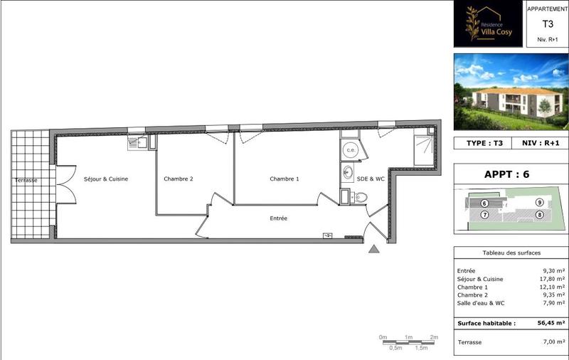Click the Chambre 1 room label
pos(284,179)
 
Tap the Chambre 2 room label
pos(178,179)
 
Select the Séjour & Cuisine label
pos(106,179)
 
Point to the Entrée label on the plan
pos(278,218)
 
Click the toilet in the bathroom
pos(361,196)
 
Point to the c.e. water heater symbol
pos(351,150)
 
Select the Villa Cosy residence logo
pos(487,24)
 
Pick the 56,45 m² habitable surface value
pos(550,322)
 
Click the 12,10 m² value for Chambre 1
pos(552,287)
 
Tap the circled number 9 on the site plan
pos(539,203)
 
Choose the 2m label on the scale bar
pos(434,337)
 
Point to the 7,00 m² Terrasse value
pos(552,342)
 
